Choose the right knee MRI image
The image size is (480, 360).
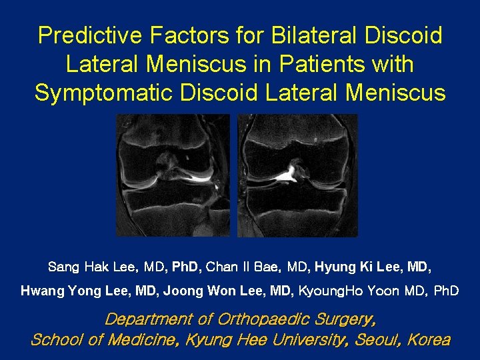tap(297, 175)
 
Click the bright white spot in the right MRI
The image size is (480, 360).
tap(288, 175)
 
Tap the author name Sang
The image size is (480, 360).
tap(64, 268)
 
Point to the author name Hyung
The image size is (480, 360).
tap(335, 268)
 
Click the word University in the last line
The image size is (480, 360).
tap(306, 340)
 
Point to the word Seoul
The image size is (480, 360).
tap(375, 340)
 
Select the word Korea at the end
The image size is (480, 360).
tap(429, 340)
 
